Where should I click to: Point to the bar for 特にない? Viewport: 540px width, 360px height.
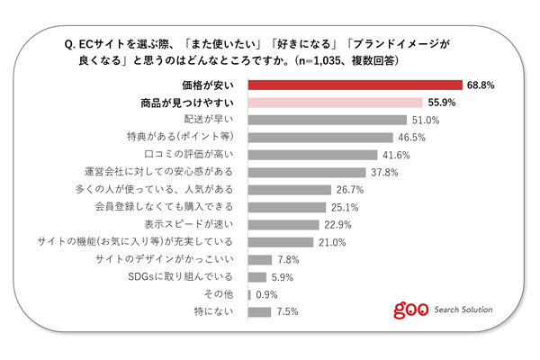[x=259, y=312]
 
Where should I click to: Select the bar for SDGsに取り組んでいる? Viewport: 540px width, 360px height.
[x=256, y=277]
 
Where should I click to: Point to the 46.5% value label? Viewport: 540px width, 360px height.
[x=410, y=137]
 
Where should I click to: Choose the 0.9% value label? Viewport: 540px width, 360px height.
[x=267, y=295]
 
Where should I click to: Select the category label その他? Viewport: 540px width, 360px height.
[x=220, y=295]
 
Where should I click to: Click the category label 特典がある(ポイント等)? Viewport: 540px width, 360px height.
[x=181, y=137]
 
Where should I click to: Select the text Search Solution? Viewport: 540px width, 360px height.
[x=463, y=310]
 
